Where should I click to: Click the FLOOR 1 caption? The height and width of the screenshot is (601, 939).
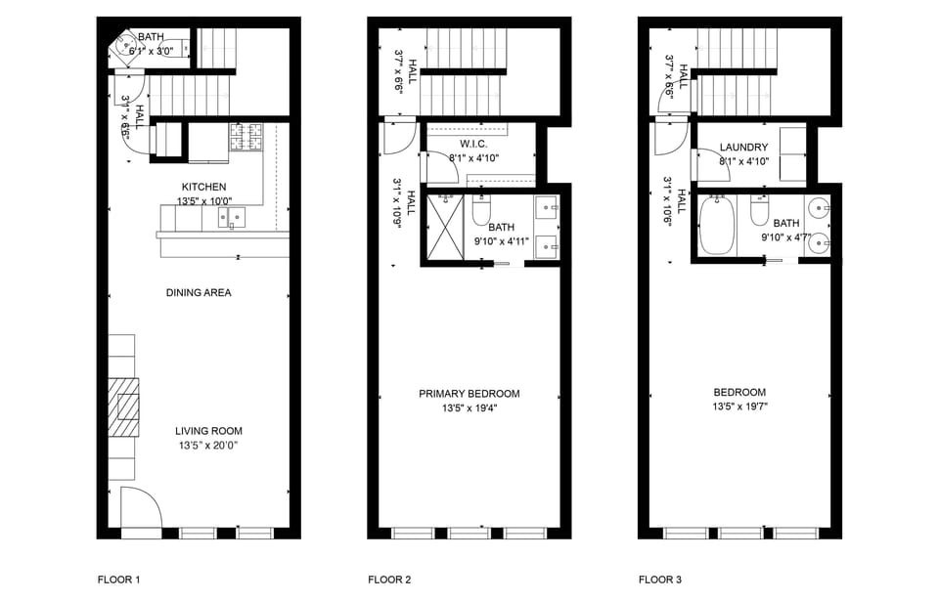point(119,580)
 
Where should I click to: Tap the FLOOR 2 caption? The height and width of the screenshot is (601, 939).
point(389,580)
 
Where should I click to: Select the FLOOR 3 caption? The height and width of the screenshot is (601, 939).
point(659,580)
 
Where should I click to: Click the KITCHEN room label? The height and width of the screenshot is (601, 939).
point(203,187)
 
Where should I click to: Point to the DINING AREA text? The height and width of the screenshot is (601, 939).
point(199,292)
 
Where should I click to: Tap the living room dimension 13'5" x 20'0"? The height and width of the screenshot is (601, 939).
point(208,445)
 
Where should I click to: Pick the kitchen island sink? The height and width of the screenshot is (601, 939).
point(232,218)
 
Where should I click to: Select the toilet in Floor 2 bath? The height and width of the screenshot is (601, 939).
point(481,210)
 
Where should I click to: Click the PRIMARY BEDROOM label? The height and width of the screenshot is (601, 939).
point(469,394)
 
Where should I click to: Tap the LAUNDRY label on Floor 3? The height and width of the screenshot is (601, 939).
point(743,148)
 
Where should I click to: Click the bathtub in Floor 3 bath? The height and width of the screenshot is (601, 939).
point(717,225)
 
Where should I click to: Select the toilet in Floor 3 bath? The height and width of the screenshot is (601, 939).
point(760,210)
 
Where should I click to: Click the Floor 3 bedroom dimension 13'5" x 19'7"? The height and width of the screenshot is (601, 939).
point(739,407)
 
